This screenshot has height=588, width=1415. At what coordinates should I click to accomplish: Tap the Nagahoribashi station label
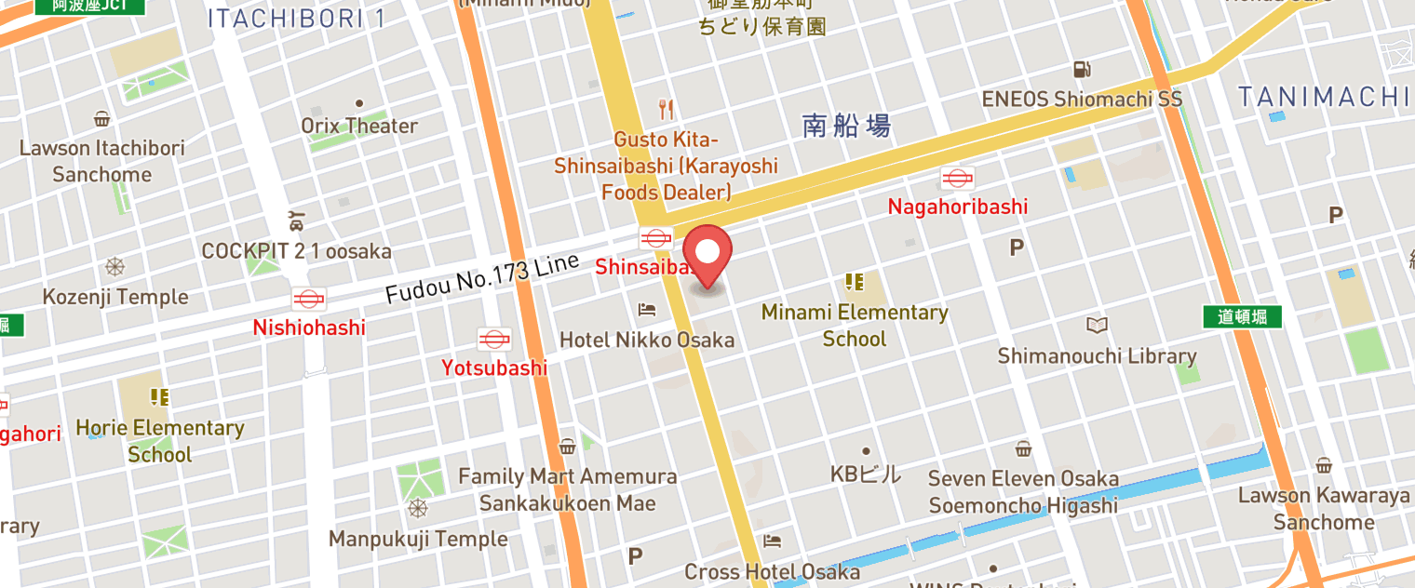click(x=958, y=207)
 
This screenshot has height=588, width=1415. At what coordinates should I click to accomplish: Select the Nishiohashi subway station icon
click(x=308, y=299)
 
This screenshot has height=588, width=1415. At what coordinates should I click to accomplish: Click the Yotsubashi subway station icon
click(x=493, y=340)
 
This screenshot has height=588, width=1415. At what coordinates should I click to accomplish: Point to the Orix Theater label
click(x=359, y=126)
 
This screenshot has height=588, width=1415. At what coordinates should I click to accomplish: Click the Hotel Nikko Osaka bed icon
click(x=647, y=310)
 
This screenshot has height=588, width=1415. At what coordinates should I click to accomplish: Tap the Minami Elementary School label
click(x=855, y=326)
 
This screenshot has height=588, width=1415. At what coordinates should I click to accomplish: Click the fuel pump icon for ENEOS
click(x=1082, y=69)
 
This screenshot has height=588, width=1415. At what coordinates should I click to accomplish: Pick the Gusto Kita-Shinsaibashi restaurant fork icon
click(x=666, y=110)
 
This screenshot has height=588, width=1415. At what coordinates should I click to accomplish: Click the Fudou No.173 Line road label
click(x=482, y=278)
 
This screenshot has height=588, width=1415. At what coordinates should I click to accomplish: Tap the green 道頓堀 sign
click(x=1242, y=316)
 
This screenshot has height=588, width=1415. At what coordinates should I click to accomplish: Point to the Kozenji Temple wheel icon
click(x=115, y=268)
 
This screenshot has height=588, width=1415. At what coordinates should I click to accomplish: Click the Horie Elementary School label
click(x=160, y=441)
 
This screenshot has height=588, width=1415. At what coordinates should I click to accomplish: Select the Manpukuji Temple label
click(x=418, y=539)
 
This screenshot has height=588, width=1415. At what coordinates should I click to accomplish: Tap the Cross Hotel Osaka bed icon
click(x=772, y=541)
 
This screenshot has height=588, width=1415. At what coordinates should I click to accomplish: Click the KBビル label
click(x=866, y=474)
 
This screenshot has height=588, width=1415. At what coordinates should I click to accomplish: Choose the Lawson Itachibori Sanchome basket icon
click(x=101, y=119)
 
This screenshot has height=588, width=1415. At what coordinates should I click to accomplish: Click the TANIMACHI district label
click(x=1323, y=97)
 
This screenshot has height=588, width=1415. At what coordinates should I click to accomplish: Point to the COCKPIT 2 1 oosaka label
click(x=297, y=251)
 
